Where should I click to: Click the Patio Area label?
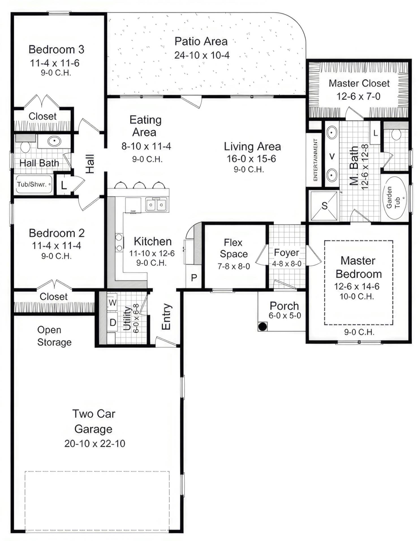(x=201, y=42)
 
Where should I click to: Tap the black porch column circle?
(x=262, y=326)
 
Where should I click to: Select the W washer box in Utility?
(x=112, y=302)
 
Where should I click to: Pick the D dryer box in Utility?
(x=113, y=322)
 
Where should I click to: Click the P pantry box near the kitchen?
(x=194, y=278)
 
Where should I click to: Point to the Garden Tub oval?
(x=395, y=198)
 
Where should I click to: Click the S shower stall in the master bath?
(x=324, y=206)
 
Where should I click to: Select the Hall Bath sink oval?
(x=54, y=141)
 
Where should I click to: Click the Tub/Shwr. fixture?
(x=33, y=184)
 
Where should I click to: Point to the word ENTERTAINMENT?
(x=315, y=160)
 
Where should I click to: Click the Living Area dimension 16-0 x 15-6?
(x=251, y=159)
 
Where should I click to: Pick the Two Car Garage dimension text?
(x=94, y=443)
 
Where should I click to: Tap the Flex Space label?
(x=234, y=248)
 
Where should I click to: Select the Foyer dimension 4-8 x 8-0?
(x=287, y=264)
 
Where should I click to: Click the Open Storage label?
(x=54, y=336)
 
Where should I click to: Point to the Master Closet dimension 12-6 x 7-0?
(x=358, y=96)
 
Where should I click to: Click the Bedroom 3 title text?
(x=56, y=49)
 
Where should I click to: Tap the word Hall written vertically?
(x=90, y=164)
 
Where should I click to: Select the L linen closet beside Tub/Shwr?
(x=64, y=185)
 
